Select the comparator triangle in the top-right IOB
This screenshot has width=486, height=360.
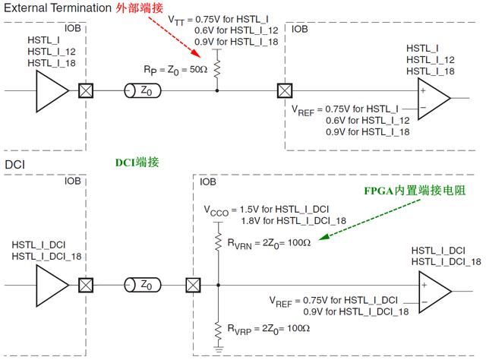pos(435,99)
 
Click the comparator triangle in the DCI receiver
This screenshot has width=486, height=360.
pos(435,295)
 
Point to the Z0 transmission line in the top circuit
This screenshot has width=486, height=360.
pos(144,91)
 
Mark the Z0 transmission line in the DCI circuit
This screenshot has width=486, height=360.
pos(144,286)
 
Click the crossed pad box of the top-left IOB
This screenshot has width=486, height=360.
pos(87,91)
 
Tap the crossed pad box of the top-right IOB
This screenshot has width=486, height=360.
pos(285,91)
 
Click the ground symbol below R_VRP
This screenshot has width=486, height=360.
pos(218,350)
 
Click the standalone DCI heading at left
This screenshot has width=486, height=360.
pos(15,164)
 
